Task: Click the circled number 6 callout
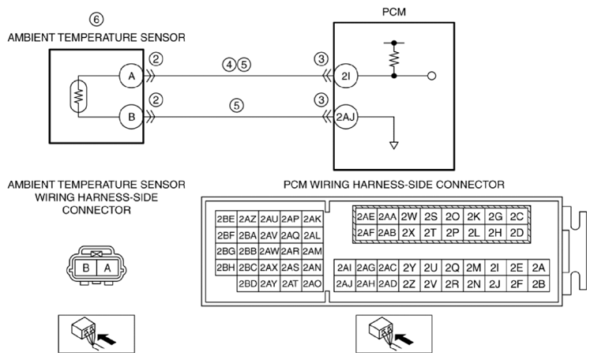[x=96, y=19]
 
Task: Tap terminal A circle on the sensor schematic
[x=131, y=76]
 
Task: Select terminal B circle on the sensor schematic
[x=131, y=117]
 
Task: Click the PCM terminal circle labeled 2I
[x=345, y=76]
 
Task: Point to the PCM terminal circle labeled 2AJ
[x=345, y=117]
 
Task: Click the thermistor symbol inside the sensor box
[x=78, y=96]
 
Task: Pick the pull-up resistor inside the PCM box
[x=394, y=59]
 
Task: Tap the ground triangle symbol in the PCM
[x=394, y=145]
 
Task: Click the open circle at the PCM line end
[x=431, y=76]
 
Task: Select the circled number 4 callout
[x=229, y=65]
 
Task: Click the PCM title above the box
[x=394, y=12]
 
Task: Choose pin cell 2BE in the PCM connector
[x=226, y=219]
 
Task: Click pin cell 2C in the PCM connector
[x=517, y=216]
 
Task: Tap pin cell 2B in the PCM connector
[x=539, y=284]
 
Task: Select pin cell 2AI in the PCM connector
[x=344, y=268]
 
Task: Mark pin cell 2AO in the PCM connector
[x=312, y=283]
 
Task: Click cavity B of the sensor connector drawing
[x=86, y=268]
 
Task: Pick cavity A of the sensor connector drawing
[x=107, y=268]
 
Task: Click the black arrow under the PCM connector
[x=404, y=338]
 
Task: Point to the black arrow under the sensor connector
[x=107, y=338]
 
